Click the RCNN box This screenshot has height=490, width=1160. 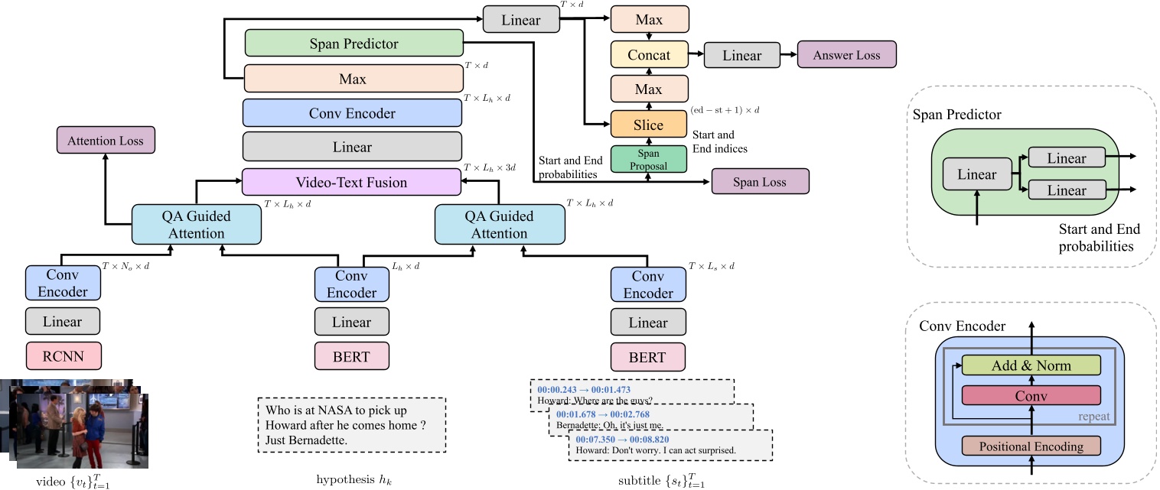[x=64, y=356]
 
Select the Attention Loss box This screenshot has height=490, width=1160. [x=106, y=141]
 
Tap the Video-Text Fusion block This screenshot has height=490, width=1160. [x=352, y=183]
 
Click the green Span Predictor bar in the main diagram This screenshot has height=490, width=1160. [x=354, y=44]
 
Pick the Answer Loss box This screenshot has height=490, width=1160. [x=846, y=56]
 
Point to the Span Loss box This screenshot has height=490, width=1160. [x=759, y=183]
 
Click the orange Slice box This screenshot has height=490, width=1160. [x=648, y=125]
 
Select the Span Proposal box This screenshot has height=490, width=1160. [x=648, y=158]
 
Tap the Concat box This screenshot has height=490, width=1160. [x=649, y=55]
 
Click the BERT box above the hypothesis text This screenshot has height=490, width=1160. [x=352, y=356]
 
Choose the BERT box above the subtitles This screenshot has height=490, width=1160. [x=647, y=356]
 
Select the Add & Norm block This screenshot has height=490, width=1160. [x=1031, y=365]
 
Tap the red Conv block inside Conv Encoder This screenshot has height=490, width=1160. [x=1031, y=395]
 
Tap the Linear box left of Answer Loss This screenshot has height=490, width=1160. [x=741, y=56]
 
